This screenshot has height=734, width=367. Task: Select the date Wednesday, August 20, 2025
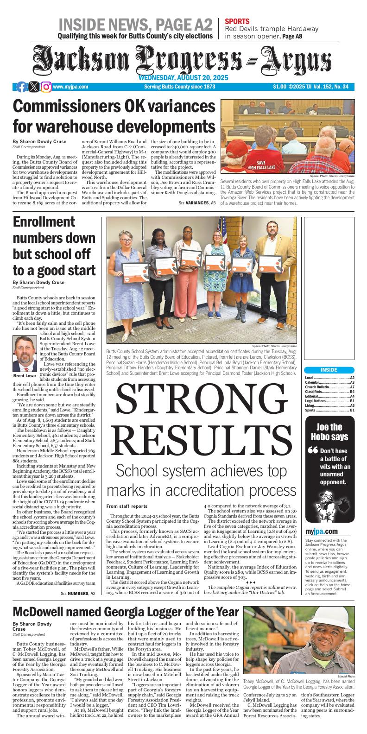point(183,78)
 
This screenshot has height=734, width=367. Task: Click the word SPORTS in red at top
point(237,21)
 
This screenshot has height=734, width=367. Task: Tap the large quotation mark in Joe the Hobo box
point(313,450)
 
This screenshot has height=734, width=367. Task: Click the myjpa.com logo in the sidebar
point(321,531)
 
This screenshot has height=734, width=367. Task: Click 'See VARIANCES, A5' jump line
point(197,203)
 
